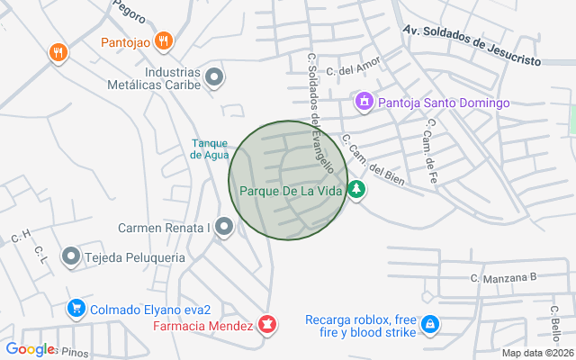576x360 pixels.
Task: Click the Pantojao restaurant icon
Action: [163, 40]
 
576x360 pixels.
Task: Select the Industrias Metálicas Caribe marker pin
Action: [214, 78]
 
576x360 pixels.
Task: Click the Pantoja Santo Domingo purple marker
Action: [364, 103]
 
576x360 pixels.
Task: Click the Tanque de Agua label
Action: [210, 148]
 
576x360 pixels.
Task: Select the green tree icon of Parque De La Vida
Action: [357, 190]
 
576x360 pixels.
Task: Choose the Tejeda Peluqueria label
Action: [135, 257]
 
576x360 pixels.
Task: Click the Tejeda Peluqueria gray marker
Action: [71, 257]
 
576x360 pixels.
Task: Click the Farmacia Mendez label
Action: [202, 325]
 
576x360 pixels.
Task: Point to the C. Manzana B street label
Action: [503, 278]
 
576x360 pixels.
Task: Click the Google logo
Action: [30, 349]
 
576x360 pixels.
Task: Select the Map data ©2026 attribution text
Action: [536, 353]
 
